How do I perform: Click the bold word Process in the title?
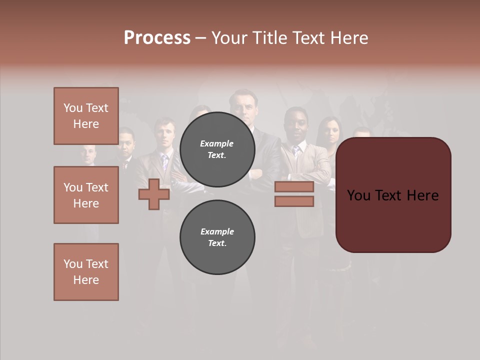pos(157,37)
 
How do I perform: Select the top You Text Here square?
pos(86,116)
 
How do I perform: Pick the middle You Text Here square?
pos(86,195)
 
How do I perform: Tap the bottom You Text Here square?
pos(86,272)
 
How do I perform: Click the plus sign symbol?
pos(154,194)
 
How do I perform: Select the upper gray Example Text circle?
pos(217,149)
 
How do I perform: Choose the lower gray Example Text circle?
pos(217,237)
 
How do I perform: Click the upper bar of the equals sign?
pos(294,187)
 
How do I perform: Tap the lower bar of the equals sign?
pos(294,201)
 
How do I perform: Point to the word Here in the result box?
pos(423,195)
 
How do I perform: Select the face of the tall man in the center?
pos(243,106)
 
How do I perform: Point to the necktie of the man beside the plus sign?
pos(164,162)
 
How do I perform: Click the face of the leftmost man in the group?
pos(88,155)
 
